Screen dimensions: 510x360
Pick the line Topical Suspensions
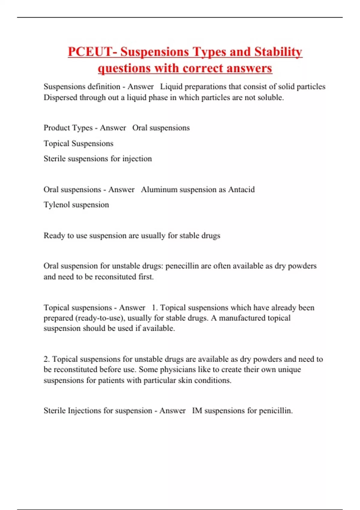coord(78,143)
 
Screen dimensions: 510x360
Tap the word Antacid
coord(241,190)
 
